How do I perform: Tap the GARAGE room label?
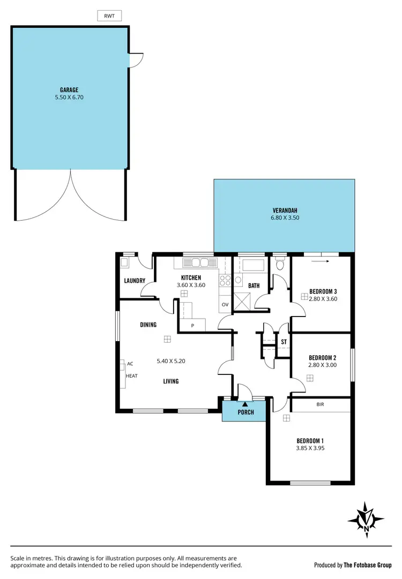tap(70, 90)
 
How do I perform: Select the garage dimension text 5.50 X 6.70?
tap(70, 98)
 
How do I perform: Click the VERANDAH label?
tap(284, 210)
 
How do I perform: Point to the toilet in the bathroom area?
tap(279, 264)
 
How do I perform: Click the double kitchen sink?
tap(196, 263)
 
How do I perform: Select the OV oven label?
tap(225, 305)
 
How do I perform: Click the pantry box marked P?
tap(192, 325)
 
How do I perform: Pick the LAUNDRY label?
tap(135, 281)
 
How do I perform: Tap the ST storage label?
tap(284, 341)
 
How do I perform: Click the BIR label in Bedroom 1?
tap(320, 405)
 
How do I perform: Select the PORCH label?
tap(245, 412)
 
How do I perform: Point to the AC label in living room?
tap(130, 364)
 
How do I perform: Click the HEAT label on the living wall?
tap(131, 376)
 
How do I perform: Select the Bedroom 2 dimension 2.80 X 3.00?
tap(323, 366)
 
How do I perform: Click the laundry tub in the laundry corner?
tap(125, 262)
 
